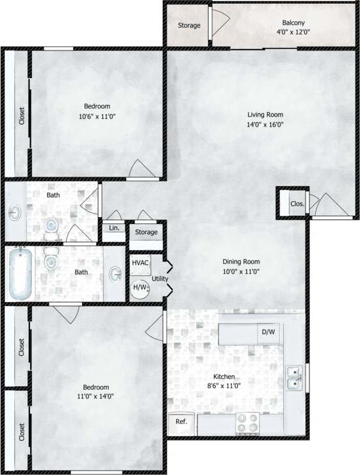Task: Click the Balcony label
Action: click(x=293, y=21)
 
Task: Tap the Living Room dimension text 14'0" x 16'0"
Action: click(x=265, y=125)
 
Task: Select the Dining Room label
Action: click(x=241, y=261)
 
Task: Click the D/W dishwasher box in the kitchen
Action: click(x=268, y=332)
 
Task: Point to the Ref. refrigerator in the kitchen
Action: click(x=181, y=423)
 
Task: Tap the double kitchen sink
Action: click(x=294, y=377)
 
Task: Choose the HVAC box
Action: click(x=140, y=263)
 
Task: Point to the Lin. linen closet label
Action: click(x=115, y=228)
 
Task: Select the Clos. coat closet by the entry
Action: click(x=297, y=204)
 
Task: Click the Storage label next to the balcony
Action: click(x=188, y=26)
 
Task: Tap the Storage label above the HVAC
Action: click(x=147, y=231)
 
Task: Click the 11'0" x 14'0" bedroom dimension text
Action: click(x=95, y=396)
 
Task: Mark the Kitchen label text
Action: click(x=224, y=376)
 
